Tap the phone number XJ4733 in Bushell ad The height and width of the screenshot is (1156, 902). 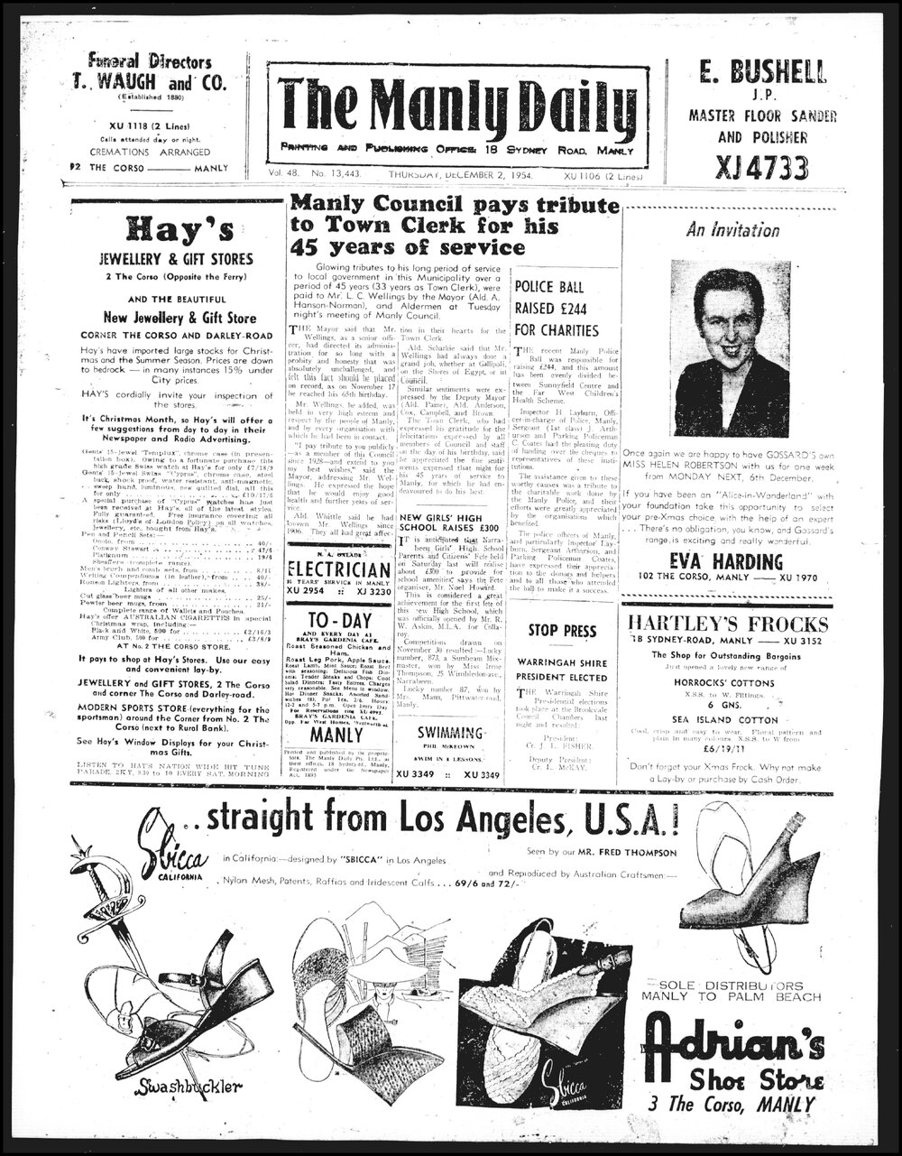point(748,167)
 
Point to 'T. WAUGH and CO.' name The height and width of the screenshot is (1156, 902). point(151,82)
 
